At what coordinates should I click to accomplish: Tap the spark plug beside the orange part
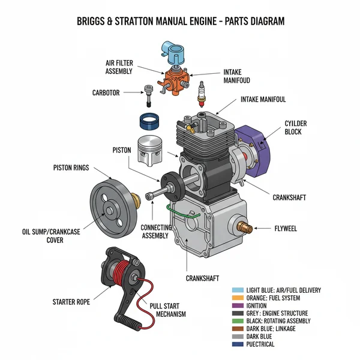click(x=202, y=94)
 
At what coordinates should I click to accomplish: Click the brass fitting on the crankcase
click(x=245, y=228)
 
